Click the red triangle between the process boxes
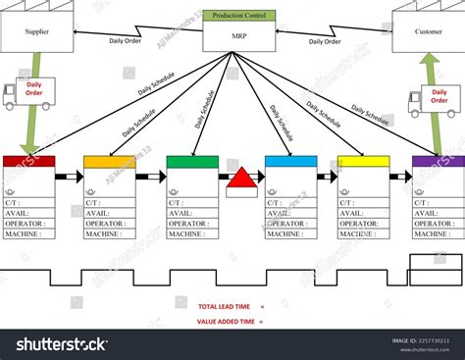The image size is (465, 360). [x=239, y=182]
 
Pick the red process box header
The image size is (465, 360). [x=28, y=162]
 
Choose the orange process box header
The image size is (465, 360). [x=110, y=162]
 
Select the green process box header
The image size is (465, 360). [x=192, y=162]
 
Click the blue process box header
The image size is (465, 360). [x=291, y=162]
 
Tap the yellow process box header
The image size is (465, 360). [x=364, y=162]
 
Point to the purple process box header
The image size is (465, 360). [x=439, y=162]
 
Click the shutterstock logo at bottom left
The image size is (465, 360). [x=55, y=344]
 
